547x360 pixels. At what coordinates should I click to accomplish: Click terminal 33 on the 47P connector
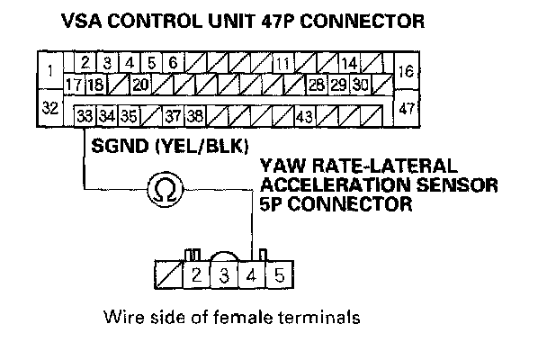pyautogui.click(x=85, y=116)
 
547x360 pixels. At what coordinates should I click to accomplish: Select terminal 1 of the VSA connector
pyautogui.click(x=50, y=70)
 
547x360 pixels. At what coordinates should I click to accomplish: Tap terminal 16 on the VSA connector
pyautogui.click(x=405, y=70)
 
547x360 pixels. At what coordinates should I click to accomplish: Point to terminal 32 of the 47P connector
pyautogui.click(x=50, y=108)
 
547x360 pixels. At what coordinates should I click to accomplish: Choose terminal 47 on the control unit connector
pyautogui.click(x=405, y=108)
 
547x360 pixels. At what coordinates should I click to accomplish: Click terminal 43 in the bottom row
pyautogui.click(x=303, y=116)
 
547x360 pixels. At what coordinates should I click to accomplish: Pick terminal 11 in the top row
pyautogui.click(x=282, y=64)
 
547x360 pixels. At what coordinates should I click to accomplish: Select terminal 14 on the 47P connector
pyautogui.click(x=349, y=64)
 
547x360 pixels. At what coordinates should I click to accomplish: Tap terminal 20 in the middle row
pyautogui.click(x=139, y=85)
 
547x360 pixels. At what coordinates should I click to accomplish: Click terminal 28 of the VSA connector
pyautogui.click(x=316, y=85)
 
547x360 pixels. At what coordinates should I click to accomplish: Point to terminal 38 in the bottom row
pyautogui.click(x=195, y=116)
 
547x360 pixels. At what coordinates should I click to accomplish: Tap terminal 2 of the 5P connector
pyautogui.click(x=196, y=275)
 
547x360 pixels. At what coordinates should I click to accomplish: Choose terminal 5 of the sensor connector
pyautogui.click(x=279, y=275)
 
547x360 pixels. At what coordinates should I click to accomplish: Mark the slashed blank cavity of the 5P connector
pyautogui.click(x=169, y=275)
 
